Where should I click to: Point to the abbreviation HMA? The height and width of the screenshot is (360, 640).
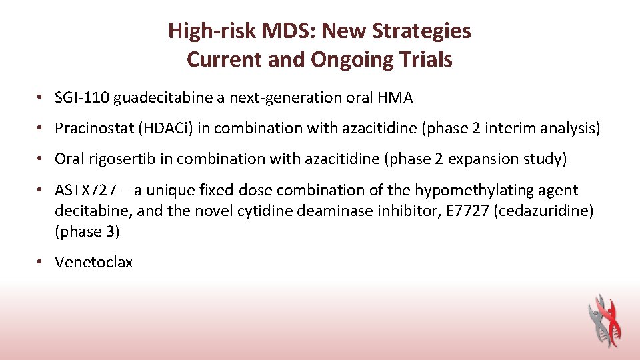[395, 98]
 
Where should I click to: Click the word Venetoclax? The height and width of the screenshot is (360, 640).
[94, 262]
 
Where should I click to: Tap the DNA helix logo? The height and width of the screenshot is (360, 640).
[604, 320]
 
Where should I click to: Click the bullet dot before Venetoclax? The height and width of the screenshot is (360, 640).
[41, 262]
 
